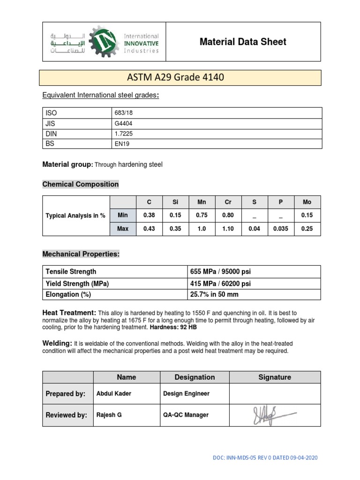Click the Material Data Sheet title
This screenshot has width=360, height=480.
tap(243, 42)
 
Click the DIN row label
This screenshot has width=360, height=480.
tap(51, 134)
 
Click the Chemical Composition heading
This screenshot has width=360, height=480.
tap(81, 184)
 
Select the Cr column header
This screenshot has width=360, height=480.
tap(228, 202)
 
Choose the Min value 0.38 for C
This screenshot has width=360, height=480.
tap(150, 215)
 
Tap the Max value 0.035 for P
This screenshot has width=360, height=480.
tap(281, 229)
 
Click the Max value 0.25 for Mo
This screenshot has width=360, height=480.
tap(307, 229)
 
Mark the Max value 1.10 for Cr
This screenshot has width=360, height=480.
tap(228, 229)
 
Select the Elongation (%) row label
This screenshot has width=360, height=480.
tap(68, 294)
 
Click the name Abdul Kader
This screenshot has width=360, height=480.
tap(110, 394)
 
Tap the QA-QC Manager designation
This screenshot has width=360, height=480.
tap(186, 415)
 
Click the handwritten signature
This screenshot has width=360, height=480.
tap(271, 414)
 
